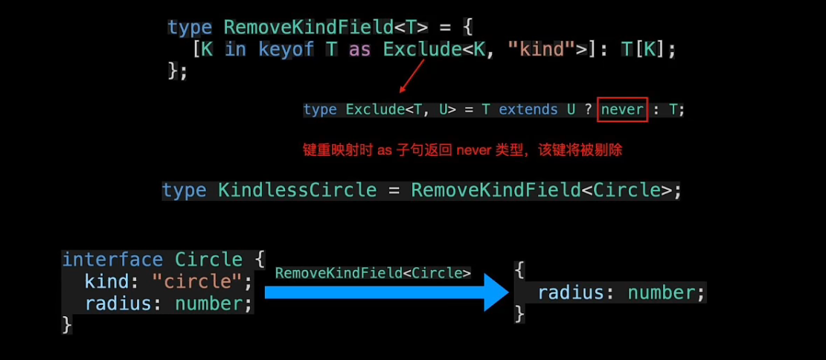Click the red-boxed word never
[622, 109]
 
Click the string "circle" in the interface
[211, 282]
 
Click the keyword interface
[112, 260]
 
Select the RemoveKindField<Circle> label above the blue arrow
[373, 273]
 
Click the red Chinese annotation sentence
[462, 150]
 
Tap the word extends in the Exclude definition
[528, 109]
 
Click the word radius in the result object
[570, 292]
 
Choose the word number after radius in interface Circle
[210, 303]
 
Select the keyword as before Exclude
[360, 50]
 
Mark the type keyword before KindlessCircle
[184, 190]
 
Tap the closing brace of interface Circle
[67, 324]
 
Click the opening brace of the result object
[519, 270]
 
